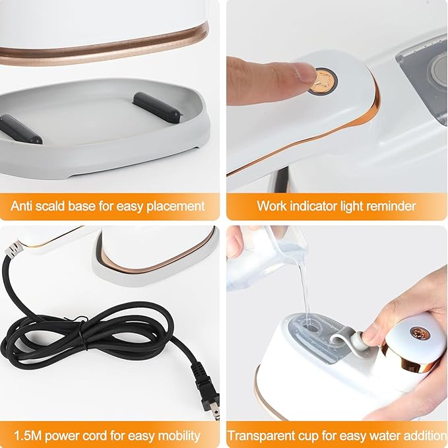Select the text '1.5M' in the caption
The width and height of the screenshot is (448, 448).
24,435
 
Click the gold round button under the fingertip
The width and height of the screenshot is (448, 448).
324,80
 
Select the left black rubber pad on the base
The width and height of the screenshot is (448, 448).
20,128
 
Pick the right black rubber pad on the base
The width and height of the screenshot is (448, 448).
158,106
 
